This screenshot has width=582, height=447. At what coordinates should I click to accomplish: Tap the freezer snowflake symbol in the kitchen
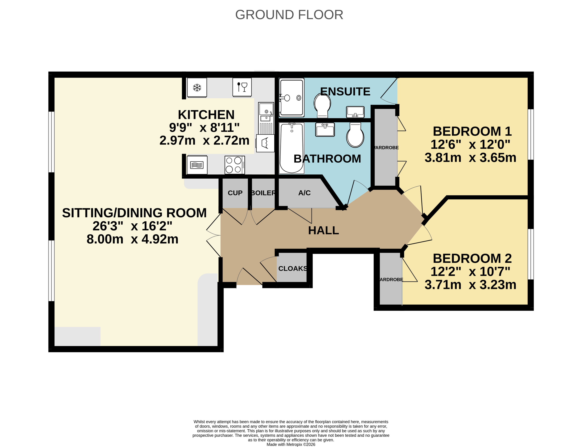click(197, 87)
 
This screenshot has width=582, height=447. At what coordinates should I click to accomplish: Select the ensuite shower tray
click(292, 97)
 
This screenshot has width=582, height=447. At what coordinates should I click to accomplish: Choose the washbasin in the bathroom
click(325, 130)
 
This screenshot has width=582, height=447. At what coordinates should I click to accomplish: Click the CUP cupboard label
click(235, 193)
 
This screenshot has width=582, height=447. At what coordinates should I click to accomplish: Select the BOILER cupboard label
click(263, 193)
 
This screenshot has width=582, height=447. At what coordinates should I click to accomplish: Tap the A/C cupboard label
click(304, 193)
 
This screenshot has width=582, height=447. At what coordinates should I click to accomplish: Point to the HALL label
click(323, 230)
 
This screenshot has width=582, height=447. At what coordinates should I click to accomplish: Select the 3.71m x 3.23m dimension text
click(470, 285)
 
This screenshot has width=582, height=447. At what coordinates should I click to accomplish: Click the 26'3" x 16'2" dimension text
click(132, 226)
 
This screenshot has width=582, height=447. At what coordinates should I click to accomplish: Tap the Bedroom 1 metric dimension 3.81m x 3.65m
click(470, 158)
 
